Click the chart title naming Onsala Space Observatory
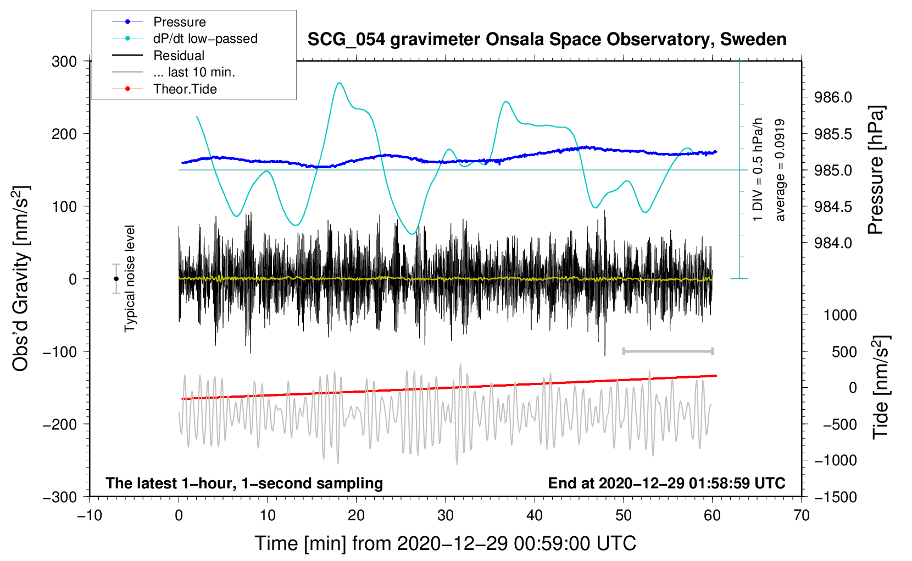click(547, 40)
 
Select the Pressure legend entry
click(179, 22)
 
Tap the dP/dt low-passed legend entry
click(205, 38)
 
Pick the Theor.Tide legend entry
click(185, 89)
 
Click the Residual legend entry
click(179, 56)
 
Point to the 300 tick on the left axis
click(64, 62)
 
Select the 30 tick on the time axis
click(446, 515)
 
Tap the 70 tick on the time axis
click(802, 515)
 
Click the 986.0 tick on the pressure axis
click(833, 98)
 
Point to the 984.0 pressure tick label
click(833, 243)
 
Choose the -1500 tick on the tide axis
click(835, 497)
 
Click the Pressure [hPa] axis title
click(876, 170)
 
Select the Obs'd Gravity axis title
click(21, 279)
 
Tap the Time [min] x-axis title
click(446, 543)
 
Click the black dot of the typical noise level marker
click(116, 279)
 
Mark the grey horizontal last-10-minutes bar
click(668, 351)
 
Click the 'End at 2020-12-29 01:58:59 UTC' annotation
click(666, 483)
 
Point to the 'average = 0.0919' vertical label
click(780, 170)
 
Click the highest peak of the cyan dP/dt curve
click(340, 83)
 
